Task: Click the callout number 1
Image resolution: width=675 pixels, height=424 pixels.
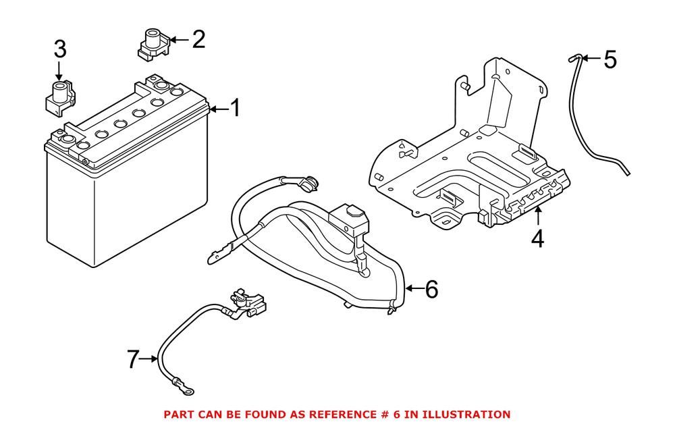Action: click(x=234, y=109)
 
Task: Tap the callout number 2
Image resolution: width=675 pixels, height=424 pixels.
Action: click(x=198, y=39)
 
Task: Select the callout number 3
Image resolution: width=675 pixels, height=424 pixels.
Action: click(x=60, y=49)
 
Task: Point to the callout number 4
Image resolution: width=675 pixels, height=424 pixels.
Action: click(x=537, y=239)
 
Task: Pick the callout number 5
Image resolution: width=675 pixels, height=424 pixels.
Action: click(x=610, y=60)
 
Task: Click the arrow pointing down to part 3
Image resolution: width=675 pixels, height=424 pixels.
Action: click(x=59, y=71)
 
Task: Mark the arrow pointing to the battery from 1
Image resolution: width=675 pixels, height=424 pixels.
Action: click(x=217, y=109)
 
